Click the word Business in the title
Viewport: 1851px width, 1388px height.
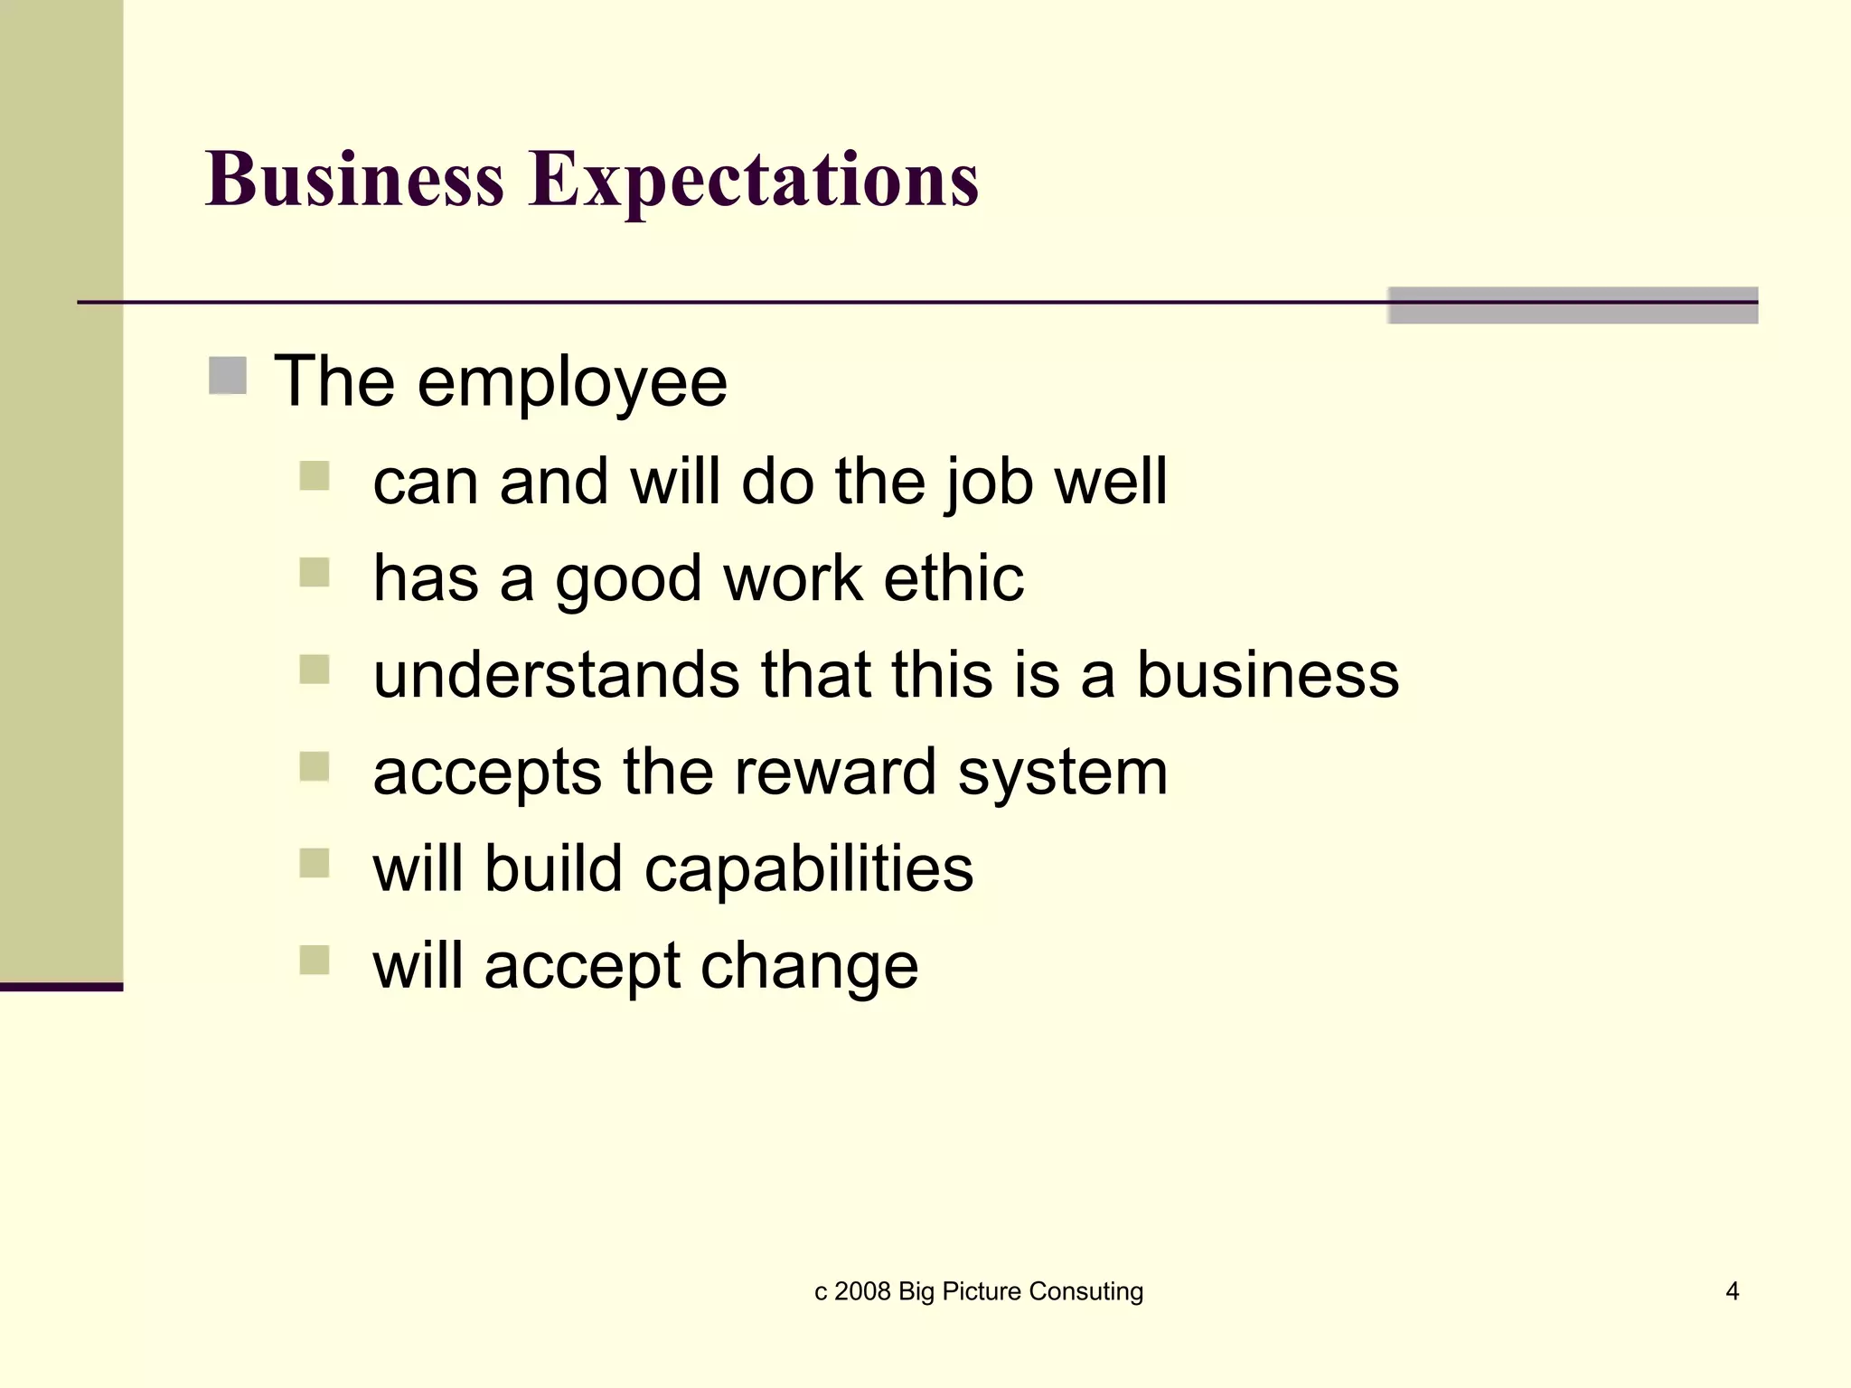click(x=354, y=179)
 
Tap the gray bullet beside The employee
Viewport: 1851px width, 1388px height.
click(x=228, y=376)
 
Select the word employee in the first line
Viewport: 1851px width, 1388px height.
click(x=572, y=383)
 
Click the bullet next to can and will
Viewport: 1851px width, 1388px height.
click(x=315, y=475)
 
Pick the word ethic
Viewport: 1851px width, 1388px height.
click(x=954, y=578)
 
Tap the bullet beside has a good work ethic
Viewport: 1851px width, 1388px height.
click(x=315, y=572)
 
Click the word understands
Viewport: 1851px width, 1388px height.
click(x=556, y=675)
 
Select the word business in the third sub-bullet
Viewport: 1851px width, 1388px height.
click(x=1267, y=675)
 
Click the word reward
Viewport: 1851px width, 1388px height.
click(x=834, y=773)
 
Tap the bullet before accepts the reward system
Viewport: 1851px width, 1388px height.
click(x=315, y=766)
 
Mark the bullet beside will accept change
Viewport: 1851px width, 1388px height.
click(x=315, y=960)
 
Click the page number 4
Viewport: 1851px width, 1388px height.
click(x=1732, y=1291)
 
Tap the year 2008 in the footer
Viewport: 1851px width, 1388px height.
click(x=862, y=1291)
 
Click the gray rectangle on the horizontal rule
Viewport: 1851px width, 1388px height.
click(x=1573, y=305)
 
